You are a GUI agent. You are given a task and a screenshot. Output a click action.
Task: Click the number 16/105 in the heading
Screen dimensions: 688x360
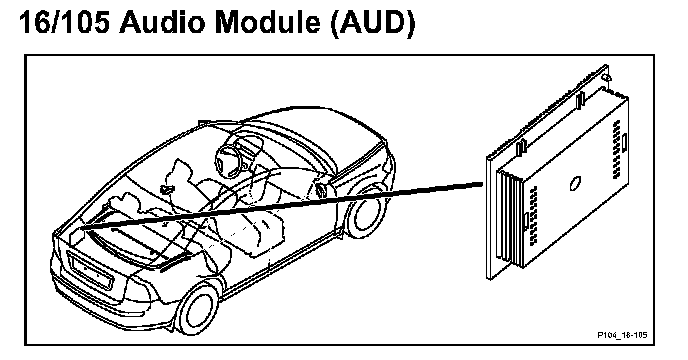(64, 22)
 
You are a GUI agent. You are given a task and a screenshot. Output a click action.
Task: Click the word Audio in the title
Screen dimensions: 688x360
(161, 22)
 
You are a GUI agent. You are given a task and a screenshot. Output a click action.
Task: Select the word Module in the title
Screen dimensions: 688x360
(267, 22)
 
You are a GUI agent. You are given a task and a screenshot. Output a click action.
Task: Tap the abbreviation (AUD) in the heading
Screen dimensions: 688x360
(373, 23)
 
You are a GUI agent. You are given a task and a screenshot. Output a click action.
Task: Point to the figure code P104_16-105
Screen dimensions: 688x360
(622, 335)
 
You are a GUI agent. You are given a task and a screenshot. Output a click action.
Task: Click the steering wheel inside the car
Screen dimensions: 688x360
(229, 155)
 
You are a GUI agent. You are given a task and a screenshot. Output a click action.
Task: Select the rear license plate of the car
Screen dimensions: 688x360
(92, 272)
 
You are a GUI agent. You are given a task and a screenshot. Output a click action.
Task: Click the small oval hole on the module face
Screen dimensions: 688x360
(575, 183)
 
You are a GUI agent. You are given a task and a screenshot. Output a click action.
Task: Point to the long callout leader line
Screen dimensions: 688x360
(282, 205)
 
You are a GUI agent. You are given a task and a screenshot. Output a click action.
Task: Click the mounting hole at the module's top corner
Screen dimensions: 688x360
(605, 78)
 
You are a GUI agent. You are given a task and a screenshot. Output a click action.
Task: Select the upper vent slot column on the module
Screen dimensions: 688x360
(616, 148)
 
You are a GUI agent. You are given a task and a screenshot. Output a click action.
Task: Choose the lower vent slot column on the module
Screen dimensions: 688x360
(534, 215)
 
